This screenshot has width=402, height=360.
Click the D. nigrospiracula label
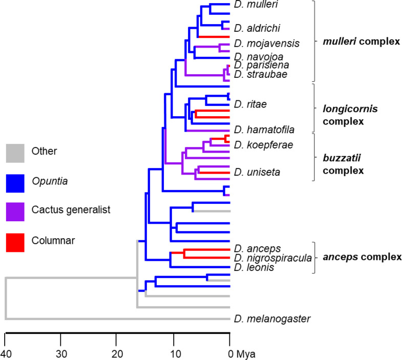tap(272, 258)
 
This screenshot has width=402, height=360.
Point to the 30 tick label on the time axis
tap(60, 353)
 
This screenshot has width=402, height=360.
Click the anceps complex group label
tap(362, 258)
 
